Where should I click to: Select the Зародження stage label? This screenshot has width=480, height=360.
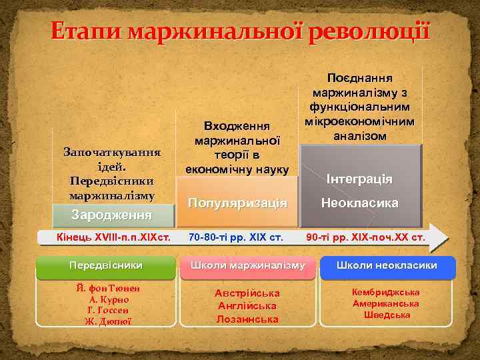tap(112, 215)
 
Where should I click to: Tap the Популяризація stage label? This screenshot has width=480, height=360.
tap(237, 202)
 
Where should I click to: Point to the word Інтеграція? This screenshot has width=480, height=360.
tap(359, 180)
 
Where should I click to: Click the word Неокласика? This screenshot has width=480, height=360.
tap(359, 202)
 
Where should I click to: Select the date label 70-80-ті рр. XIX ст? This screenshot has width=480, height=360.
tap(236, 237)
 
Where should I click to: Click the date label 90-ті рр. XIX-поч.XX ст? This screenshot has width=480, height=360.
tap(365, 237)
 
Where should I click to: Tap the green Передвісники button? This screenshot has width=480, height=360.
tap(105, 265)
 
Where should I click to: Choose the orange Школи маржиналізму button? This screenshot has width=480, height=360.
tap(247, 265)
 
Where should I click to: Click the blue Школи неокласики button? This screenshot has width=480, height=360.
tap(387, 265)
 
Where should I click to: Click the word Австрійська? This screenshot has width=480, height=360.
tap(247, 293)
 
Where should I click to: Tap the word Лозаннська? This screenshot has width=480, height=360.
tap(247, 319)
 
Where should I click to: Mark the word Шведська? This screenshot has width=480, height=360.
tap(387, 315)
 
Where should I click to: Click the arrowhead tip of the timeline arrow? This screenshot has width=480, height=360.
tap(447, 238)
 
